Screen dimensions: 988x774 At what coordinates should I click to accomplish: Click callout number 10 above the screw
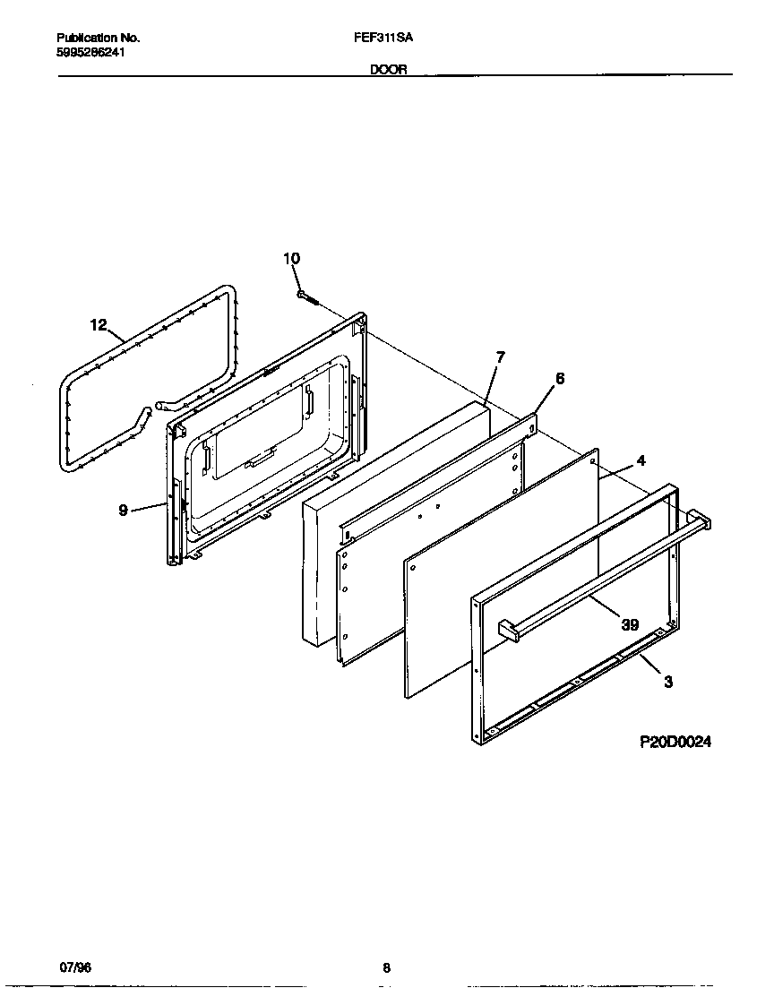tap(291, 259)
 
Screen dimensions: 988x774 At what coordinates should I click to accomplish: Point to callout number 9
tap(123, 511)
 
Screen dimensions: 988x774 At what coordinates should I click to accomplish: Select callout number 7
tap(500, 357)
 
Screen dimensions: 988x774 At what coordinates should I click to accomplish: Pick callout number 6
tap(559, 379)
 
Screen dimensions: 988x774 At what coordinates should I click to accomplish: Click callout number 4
tap(641, 460)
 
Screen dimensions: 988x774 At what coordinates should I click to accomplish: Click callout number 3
tap(667, 682)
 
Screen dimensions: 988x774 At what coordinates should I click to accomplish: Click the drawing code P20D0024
tap(675, 742)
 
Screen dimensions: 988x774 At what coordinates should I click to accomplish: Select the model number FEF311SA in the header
tap(383, 39)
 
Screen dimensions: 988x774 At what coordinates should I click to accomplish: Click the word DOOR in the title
tap(389, 69)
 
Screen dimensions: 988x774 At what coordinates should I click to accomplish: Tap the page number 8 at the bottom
tap(386, 967)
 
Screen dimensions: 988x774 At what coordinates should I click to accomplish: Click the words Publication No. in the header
tap(98, 39)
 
